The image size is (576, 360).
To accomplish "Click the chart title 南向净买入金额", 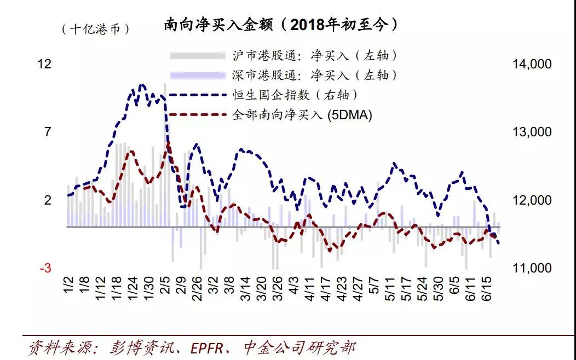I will [280, 25].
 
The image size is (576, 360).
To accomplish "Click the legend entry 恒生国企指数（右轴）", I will [296, 95].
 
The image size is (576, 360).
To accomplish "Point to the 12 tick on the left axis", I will [44, 65].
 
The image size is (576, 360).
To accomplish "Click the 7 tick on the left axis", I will [48, 132].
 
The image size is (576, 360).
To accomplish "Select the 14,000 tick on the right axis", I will [532, 65].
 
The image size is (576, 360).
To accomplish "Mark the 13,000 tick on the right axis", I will [532, 132].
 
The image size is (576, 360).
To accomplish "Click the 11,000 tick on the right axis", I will [532, 268].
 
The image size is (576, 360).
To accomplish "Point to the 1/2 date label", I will [68, 286].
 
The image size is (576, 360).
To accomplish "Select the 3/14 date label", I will [245, 288].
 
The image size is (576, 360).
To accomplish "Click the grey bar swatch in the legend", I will [198, 56].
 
